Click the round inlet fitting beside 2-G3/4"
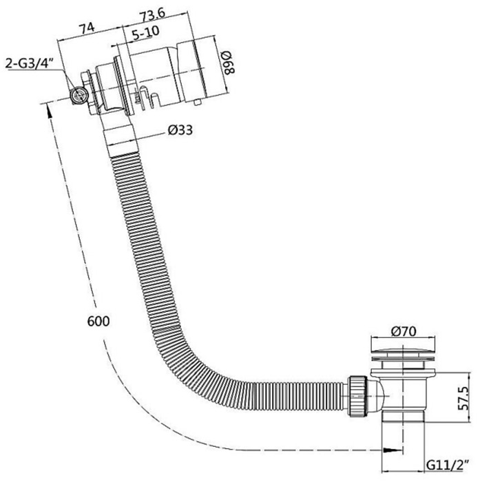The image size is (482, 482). click(79, 95)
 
